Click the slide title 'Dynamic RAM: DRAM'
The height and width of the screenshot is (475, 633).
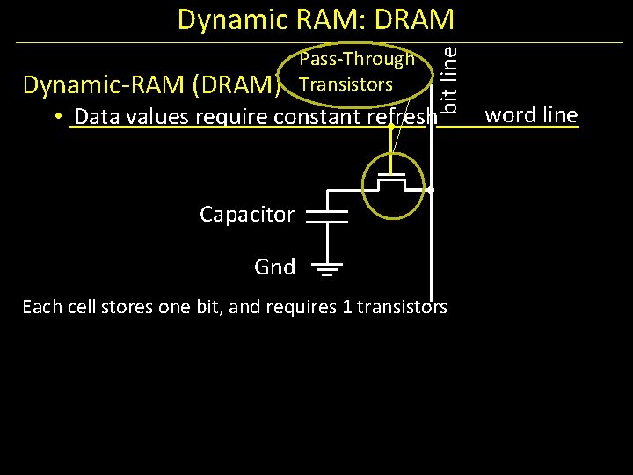pos(316,19)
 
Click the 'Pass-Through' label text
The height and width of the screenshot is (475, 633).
pos(356,60)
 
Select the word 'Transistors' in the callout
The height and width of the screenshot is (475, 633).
pos(346,84)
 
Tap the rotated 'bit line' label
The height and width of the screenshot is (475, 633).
pos(448,78)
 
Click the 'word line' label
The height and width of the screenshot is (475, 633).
pos(531,114)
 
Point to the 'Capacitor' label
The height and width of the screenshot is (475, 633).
pos(247,214)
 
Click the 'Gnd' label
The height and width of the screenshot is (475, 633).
pos(274,267)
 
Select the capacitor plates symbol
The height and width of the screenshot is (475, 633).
pos(327,215)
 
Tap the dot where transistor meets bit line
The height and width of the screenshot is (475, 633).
pos(432,190)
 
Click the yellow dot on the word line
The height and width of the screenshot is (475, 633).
pos(390,128)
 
